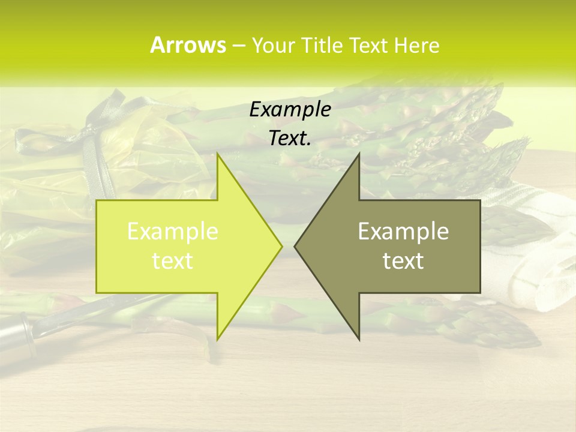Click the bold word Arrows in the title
[x=188, y=45]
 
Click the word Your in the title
[x=272, y=45]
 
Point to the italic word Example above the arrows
[x=290, y=110]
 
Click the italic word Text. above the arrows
[x=290, y=139]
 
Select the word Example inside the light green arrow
[x=173, y=232]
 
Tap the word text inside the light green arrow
[x=173, y=260]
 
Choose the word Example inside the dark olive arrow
[x=403, y=232]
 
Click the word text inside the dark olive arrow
[x=403, y=260]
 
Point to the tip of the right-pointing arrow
[x=282, y=246]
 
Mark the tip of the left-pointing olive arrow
[x=295, y=246]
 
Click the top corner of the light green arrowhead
[x=217, y=154]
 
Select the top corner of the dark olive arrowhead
[x=359, y=154]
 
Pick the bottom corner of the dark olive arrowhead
[x=359, y=339]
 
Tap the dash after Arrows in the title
[x=238, y=46]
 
